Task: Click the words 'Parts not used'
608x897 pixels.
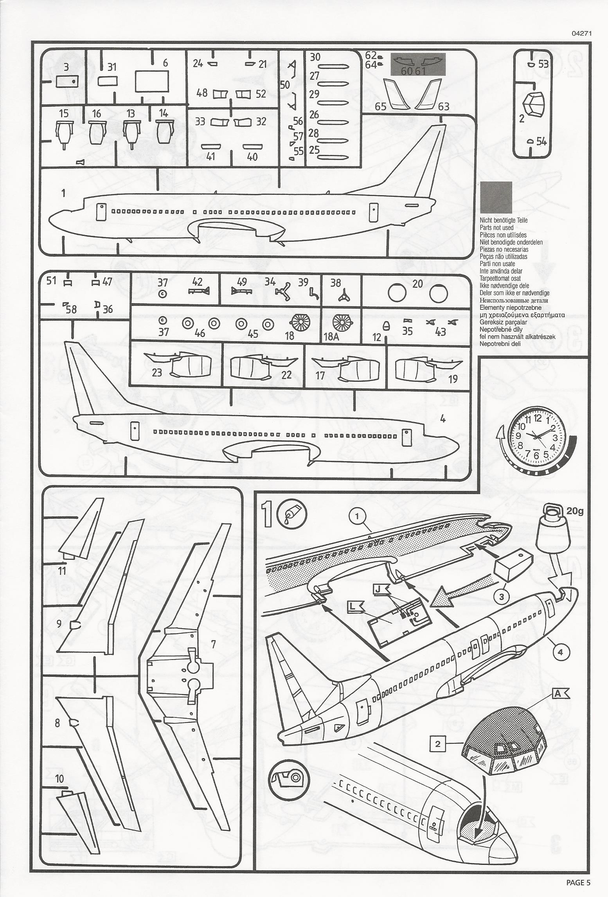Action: point(496,228)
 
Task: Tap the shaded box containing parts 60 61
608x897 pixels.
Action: point(418,65)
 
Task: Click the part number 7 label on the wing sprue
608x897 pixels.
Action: point(213,644)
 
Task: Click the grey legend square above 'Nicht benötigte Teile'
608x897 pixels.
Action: point(496,197)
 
